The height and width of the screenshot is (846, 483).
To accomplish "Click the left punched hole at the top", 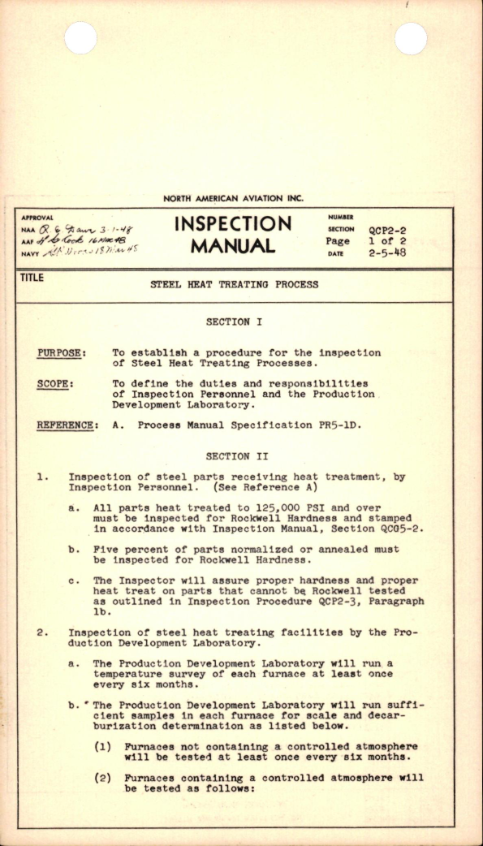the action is [x=80, y=38].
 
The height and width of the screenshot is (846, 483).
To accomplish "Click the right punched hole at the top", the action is [x=411, y=38].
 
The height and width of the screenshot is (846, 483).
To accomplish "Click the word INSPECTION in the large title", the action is [x=232, y=224].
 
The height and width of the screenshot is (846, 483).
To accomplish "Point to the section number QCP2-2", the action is [x=387, y=231].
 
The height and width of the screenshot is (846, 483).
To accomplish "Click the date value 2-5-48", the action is [x=387, y=253].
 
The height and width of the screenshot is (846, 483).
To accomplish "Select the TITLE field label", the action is [x=33, y=278].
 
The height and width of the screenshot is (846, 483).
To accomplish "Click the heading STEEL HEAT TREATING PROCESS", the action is [x=235, y=285].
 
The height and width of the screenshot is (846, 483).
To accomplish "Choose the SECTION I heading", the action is [x=234, y=322].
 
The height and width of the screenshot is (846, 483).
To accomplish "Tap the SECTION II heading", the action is [x=234, y=456].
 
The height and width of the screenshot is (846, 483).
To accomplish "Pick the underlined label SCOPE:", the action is [x=56, y=383].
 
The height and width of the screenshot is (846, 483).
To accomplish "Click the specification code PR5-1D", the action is [x=334, y=425].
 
